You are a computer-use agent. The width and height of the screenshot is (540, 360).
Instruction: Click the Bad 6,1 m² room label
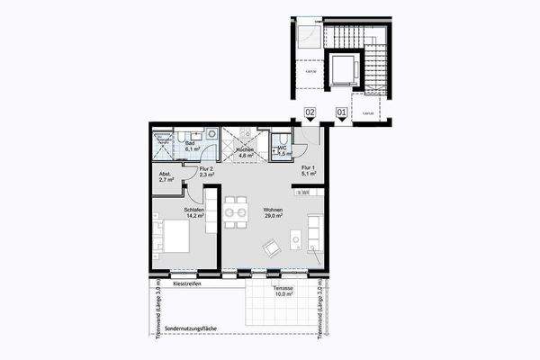pyautogui.click(x=190, y=146)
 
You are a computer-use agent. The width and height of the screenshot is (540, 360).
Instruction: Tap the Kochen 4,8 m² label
pyautogui.click(x=245, y=153)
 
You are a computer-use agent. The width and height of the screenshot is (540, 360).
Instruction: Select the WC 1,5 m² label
pyautogui.click(x=282, y=150)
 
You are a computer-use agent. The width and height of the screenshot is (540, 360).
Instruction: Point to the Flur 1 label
pyautogui.click(x=308, y=171)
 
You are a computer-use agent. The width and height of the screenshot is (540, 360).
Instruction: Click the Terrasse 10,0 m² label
pyautogui.click(x=284, y=292)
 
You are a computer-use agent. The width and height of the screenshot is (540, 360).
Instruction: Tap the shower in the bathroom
pyautogui.click(x=163, y=143)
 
